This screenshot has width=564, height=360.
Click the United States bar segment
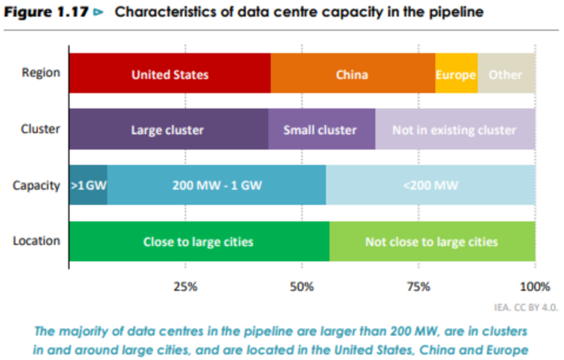point(170,73)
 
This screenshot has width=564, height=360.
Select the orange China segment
point(352,73)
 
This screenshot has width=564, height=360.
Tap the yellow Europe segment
point(456,73)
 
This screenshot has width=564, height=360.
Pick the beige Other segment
point(506,73)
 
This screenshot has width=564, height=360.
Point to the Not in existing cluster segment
point(455,129)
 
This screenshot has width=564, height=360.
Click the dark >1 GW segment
point(88,185)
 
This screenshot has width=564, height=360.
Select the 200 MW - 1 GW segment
point(216,185)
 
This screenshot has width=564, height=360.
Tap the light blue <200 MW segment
point(431,185)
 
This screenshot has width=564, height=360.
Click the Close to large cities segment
point(199,241)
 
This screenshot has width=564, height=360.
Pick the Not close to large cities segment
point(432,241)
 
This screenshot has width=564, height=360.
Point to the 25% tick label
point(185,287)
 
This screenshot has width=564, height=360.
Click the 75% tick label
point(418,287)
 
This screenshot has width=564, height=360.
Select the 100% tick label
point(535,287)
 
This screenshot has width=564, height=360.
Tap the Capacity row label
point(36,186)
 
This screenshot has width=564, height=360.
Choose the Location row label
point(37,241)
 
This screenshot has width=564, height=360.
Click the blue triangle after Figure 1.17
point(98,12)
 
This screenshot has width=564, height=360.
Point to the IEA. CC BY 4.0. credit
point(526,307)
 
